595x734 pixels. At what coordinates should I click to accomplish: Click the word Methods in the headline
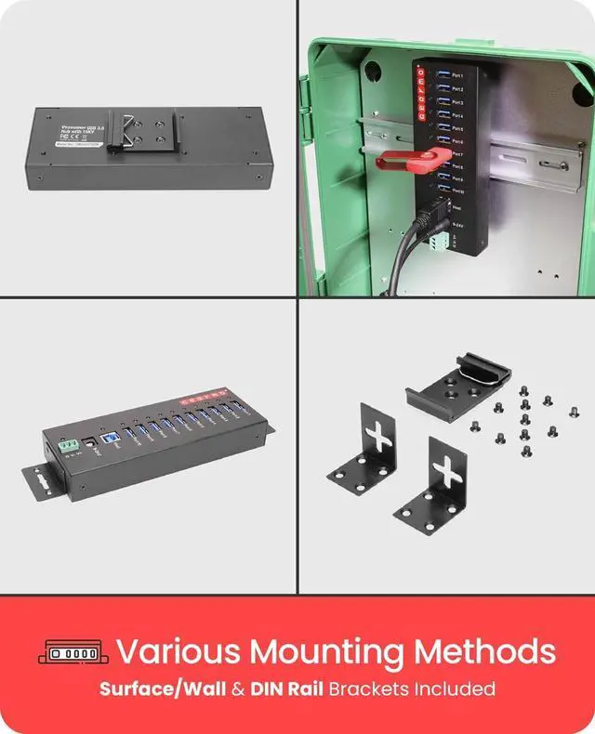point(493,650)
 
